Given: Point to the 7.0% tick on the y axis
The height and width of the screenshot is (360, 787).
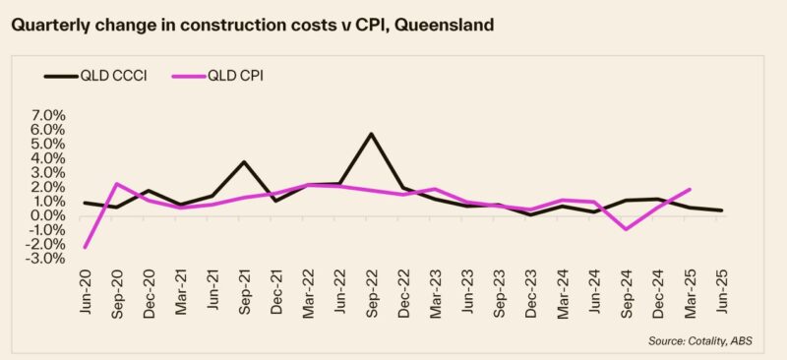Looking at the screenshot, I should (45, 115).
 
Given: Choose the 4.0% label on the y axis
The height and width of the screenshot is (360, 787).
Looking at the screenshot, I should (45, 158).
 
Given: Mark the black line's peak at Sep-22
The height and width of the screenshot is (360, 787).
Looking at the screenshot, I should (370, 133).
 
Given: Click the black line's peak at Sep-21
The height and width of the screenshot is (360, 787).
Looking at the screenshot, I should (243, 162).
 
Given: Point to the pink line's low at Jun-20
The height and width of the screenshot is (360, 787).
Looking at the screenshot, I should (86, 247).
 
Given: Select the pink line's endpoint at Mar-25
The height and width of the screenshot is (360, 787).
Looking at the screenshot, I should (689, 190).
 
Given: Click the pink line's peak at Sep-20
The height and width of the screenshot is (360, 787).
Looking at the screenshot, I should (117, 184).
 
